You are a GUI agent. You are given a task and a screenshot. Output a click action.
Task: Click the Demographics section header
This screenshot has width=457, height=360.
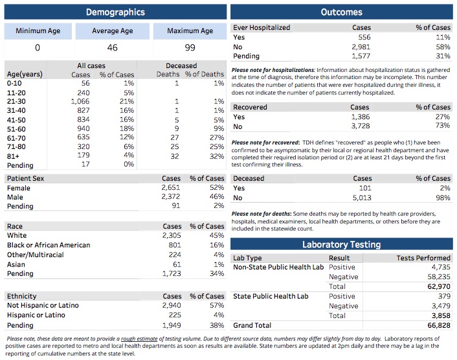coord(115,12)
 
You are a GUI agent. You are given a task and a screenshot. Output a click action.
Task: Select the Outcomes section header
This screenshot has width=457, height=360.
coord(342,12)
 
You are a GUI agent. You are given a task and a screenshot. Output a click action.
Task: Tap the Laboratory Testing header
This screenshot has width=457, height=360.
coord(342,244)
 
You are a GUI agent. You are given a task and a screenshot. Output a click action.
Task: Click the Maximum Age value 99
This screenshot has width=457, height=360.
coord(189,47)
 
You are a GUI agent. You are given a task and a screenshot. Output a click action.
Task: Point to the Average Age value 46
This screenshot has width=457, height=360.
coord(113,47)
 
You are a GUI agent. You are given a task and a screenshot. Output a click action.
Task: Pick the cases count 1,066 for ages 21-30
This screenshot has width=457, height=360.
coord(80,102)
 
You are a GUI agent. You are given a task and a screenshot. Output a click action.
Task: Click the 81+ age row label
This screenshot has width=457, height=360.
coord(14,155)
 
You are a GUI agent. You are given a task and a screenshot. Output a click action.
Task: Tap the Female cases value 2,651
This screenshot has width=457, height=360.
coord(170,188)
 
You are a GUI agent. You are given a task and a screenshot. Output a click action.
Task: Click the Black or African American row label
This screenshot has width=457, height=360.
coord(44,245)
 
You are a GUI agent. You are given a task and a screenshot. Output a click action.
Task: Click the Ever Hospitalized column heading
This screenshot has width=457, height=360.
coord(262,28)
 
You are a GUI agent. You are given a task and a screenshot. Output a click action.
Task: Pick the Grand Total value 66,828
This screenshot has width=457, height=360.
coord(436,325)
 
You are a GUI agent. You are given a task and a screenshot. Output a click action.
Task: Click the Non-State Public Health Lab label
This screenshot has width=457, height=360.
coord(278,267)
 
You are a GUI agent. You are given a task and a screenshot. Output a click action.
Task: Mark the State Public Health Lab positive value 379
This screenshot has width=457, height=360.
coord(443,296)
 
